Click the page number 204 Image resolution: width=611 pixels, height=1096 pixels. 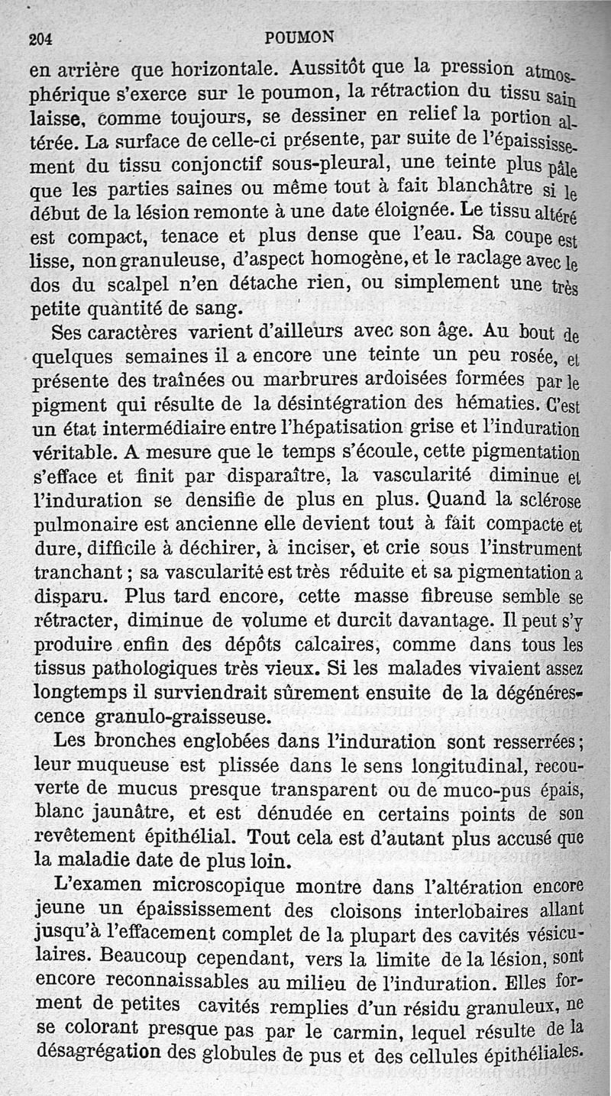pyautogui.click(x=39, y=40)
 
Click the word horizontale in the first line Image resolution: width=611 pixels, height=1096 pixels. pyautogui.click(x=210, y=68)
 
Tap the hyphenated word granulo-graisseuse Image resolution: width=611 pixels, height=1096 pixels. pyautogui.click(x=181, y=717)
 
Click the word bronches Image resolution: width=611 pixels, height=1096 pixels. pyautogui.click(x=148, y=741)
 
